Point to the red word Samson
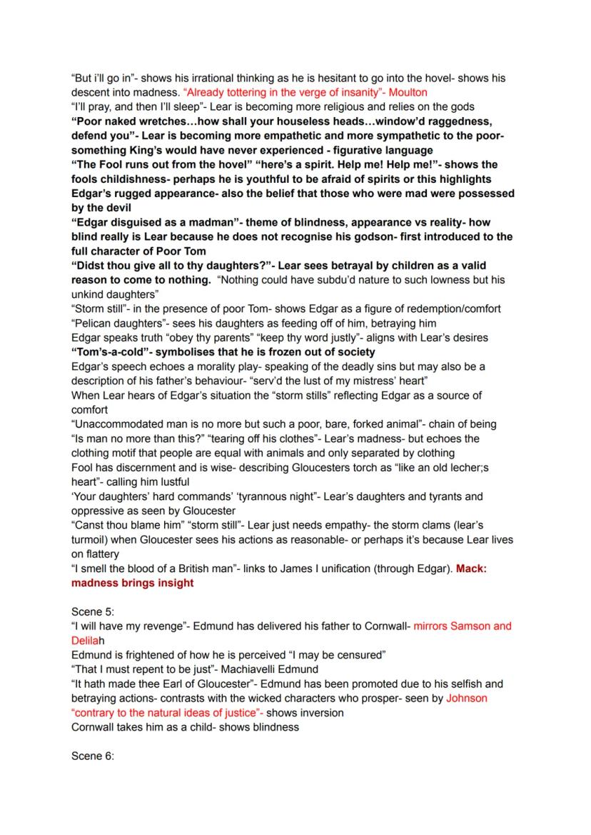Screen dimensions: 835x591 tap(466, 626)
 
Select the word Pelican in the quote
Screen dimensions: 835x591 tap(94, 323)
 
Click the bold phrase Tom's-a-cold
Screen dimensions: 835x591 tap(109, 352)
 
